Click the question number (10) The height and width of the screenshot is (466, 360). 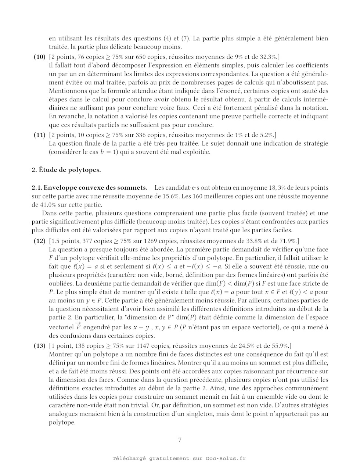coord(39,57)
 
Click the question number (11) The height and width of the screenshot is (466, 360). coord(39,135)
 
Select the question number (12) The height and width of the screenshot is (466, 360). coord(39,241)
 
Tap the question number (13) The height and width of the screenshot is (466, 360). coord(39,346)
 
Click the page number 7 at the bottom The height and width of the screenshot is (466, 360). coord(180,440)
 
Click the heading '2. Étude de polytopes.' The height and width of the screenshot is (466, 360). coord(66,170)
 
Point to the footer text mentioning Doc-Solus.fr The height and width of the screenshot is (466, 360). coord(180,458)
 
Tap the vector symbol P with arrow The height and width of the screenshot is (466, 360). coord(78,326)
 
